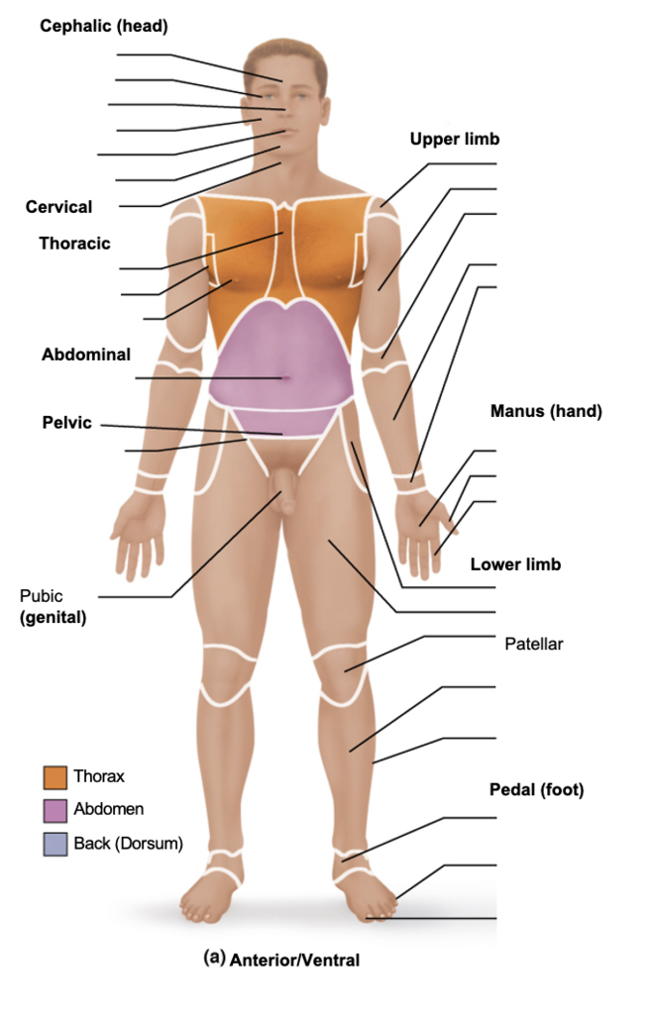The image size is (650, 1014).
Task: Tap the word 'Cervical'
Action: (58, 207)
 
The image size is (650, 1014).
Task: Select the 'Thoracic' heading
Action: (74, 243)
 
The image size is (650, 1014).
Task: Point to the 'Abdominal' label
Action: (86, 355)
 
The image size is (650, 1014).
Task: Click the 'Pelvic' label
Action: (66, 423)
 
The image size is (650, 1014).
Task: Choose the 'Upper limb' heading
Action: (455, 140)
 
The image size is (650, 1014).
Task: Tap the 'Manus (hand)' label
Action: (546, 411)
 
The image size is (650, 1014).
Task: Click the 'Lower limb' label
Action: (515, 564)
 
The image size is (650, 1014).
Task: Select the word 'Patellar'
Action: (534, 644)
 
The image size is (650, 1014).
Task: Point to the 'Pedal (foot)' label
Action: (536, 789)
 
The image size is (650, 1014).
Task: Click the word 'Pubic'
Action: (41, 596)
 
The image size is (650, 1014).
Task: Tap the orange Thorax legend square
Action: (55, 777)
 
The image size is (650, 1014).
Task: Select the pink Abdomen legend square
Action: (55, 810)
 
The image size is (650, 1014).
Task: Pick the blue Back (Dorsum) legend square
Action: (55, 844)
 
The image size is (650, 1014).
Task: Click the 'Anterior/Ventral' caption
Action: (294, 960)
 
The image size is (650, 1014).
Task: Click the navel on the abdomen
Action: (285, 377)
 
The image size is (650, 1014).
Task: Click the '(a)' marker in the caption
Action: (214, 958)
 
